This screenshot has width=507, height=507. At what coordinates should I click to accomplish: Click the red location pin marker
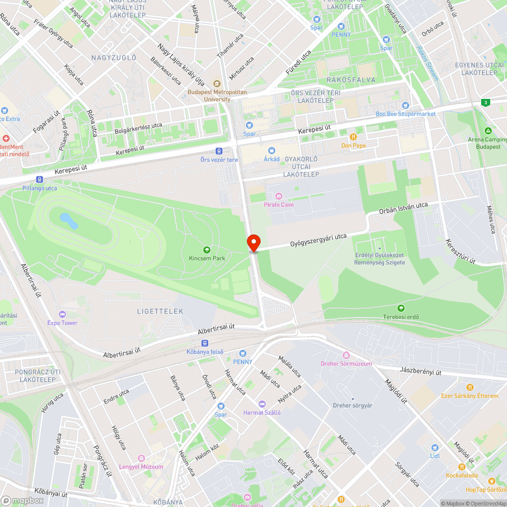[x=253, y=242]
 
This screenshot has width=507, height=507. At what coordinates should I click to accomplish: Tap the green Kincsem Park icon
[x=206, y=249]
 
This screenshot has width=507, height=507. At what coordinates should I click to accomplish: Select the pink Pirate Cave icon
[x=278, y=196]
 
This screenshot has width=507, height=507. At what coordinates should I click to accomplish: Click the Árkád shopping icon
[x=271, y=151]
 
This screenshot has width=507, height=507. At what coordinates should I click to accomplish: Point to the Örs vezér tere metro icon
[x=219, y=151]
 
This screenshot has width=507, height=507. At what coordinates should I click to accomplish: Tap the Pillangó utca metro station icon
[x=40, y=179]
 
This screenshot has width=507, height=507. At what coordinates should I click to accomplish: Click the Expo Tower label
[x=62, y=322]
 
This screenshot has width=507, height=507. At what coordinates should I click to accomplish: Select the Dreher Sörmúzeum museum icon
[x=346, y=355]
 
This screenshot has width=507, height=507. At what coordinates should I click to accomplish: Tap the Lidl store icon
[x=434, y=448]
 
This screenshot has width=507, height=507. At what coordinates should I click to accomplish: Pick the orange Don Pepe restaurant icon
[x=353, y=136]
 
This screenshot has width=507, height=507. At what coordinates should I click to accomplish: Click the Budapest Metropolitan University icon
[x=217, y=84]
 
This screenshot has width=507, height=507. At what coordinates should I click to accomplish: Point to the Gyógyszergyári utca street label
[x=318, y=240]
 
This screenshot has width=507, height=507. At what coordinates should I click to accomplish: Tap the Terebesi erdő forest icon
[x=401, y=308]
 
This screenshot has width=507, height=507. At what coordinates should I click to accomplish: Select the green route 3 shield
[x=486, y=102]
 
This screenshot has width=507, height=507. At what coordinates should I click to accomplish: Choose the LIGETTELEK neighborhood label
[x=160, y=311]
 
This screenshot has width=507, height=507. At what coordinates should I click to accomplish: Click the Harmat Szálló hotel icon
[x=262, y=404]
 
